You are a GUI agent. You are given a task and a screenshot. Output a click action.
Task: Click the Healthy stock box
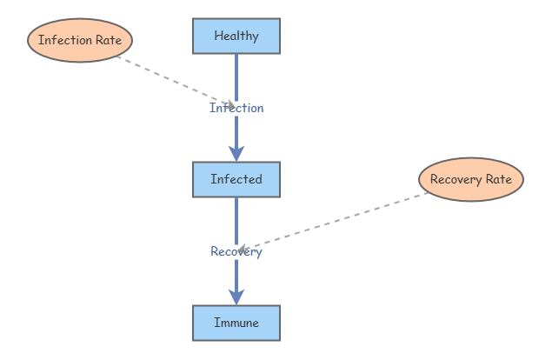pyautogui.click(x=236, y=36)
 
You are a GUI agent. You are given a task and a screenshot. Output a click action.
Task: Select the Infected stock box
pyautogui.click(x=236, y=179)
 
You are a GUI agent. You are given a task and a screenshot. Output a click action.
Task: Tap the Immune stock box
pyautogui.click(x=236, y=323)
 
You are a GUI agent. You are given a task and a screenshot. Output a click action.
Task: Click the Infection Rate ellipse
pyautogui.click(x=80, y=40)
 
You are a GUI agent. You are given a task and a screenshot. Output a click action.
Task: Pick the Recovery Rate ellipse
pyautogui.click(x=471, y=179)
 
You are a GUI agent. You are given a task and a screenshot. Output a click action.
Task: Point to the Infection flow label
pyautogui.click(x=236, y=108)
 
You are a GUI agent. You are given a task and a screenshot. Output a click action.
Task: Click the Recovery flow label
pyautogui.click(x=236, y=251)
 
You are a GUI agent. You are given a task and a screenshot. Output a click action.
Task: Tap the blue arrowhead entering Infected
pyautogui.click(x=236, y=154)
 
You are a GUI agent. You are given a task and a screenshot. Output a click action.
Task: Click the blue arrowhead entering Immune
pyautogui.click(x=236, y=297)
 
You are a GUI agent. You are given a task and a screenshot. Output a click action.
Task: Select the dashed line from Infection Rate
pyautogui.click(x=176, y=81)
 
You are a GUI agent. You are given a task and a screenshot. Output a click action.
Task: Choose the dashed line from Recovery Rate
pyautogui.click(x=333, y=222)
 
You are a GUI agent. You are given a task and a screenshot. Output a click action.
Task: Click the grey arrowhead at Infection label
pyautogui.click(x=231, y=105)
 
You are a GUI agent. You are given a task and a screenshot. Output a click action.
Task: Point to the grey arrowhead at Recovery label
pyautogui.click(x=242, y=250)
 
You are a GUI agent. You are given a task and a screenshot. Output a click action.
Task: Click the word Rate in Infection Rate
pyautogui.click(x=109, y=40)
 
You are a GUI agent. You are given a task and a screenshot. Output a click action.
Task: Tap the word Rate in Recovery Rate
pyautogui.click(x=499, y=179)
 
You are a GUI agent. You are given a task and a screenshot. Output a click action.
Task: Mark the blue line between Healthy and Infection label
pyautogui.click(x=236, y=77)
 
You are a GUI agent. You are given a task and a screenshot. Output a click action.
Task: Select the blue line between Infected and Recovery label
pyautogui.click(x=236, y=221)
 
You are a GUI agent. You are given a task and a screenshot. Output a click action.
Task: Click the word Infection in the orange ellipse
pyautogui.click(x=65, y=40)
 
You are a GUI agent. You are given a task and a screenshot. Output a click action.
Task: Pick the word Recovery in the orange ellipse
pyautogui.click(x=456, y=180)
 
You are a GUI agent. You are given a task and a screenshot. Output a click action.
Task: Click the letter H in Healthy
pyautogui.click(x=218, y=36)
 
